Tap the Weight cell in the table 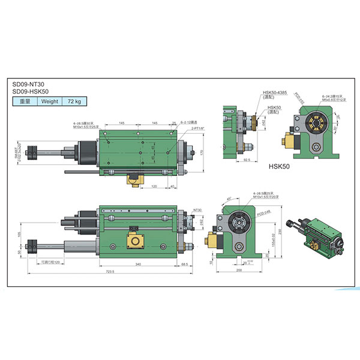pos(49,101)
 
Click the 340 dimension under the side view pos(139,264)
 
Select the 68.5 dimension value pos(185,264)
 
